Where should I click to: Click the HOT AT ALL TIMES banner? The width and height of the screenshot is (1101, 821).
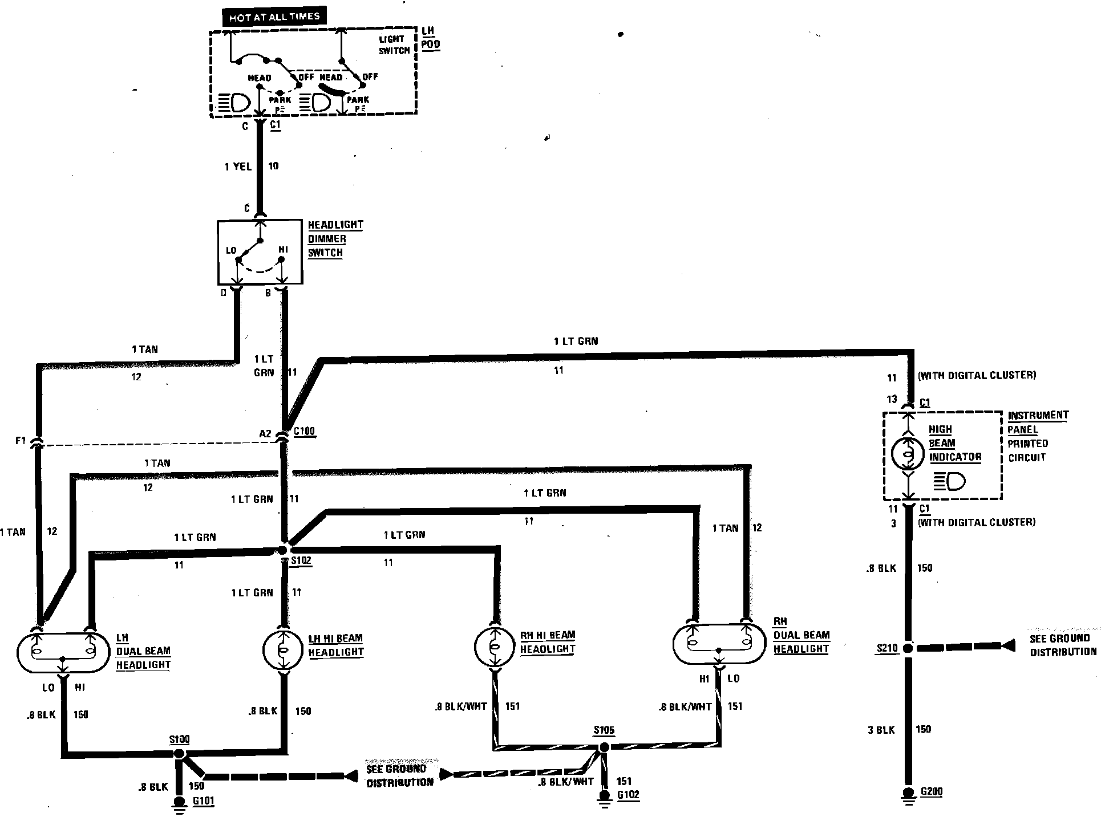pos(274,17)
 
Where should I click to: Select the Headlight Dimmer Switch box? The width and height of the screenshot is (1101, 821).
pos(260,252)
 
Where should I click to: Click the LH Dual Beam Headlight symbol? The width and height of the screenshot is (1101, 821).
pos(63,652)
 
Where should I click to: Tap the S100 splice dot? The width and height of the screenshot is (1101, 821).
pos(179,754)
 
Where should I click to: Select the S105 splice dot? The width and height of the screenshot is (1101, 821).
pos(604,747)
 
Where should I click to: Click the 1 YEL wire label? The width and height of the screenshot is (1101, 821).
pos(238,166)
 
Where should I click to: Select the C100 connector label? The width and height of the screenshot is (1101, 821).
pos(304,432)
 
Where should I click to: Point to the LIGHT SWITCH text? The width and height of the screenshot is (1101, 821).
pos(394,45)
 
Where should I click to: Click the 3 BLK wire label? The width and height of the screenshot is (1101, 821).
pos(881,729)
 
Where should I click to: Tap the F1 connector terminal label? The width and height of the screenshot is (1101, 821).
pos(21,441)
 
